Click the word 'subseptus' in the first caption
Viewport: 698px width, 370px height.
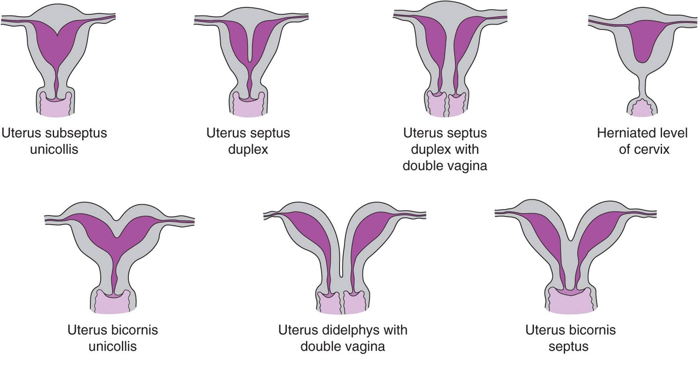(x=76, y=133)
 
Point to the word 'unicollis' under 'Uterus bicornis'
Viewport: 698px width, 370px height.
(x=113, y=346)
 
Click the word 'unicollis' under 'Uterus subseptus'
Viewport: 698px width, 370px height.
(x=54, y=149)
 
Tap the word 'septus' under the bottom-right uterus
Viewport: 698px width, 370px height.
(x=568, y=346)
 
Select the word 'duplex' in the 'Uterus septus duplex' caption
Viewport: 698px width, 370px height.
(x=248, y=149)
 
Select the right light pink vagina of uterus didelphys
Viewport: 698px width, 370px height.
(x=355, y=303)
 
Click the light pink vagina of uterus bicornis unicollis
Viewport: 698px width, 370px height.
(x=113, y=303)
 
